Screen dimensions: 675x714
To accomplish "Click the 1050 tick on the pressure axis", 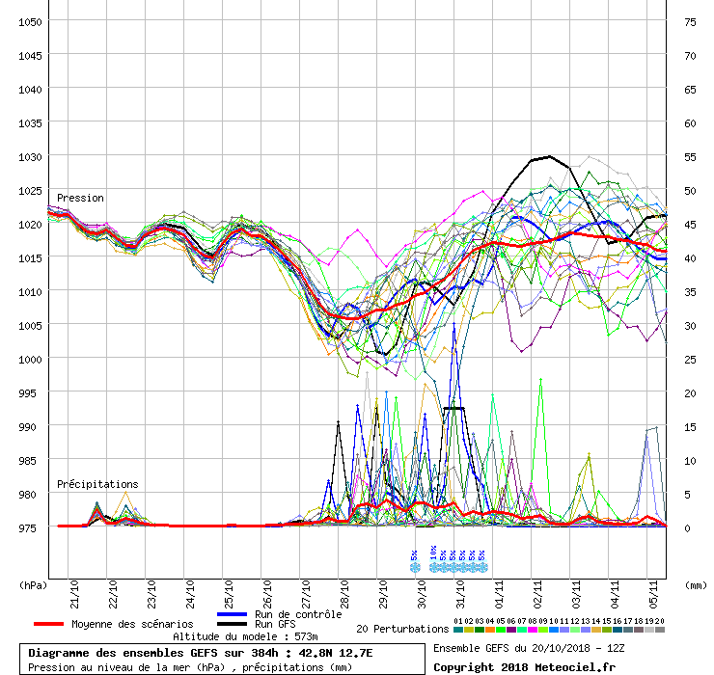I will tap(29, 21).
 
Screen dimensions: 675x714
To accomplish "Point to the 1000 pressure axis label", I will tap(29, 359).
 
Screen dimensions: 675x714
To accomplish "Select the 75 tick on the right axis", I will tap(690, 21).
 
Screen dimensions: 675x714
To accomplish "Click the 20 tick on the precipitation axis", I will tap(690, 392).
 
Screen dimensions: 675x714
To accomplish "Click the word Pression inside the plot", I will tap(80, 198).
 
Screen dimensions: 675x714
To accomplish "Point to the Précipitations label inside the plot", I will tap(97, 484).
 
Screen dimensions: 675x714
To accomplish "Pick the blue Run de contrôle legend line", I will tap(232, 614).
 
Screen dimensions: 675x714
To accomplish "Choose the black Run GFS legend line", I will tap(232, 624).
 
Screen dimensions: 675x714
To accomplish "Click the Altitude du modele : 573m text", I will tap(245, 636).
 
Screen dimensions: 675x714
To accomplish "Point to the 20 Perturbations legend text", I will tap(400, 629).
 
